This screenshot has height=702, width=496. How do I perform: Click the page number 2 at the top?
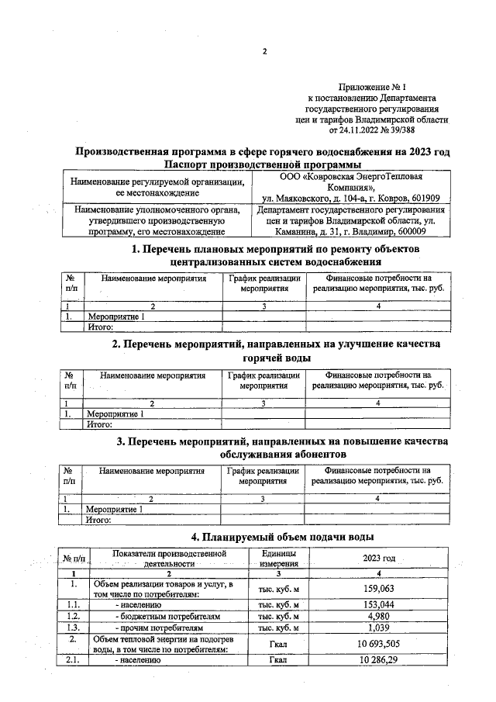[264, 52]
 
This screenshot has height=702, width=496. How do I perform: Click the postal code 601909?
[423, 199]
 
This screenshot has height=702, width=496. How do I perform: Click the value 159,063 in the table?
[379, 589]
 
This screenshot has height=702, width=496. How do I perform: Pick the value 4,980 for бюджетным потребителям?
[379, 616]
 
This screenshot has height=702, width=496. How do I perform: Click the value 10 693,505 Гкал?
[379, 644]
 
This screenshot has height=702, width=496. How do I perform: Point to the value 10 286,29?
[379, 660]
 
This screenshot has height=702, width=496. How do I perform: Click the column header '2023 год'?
[379, 559]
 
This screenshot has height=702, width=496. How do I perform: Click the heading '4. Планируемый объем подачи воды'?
[283, 537]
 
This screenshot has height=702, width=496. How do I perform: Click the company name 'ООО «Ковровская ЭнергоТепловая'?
[352, 177]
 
